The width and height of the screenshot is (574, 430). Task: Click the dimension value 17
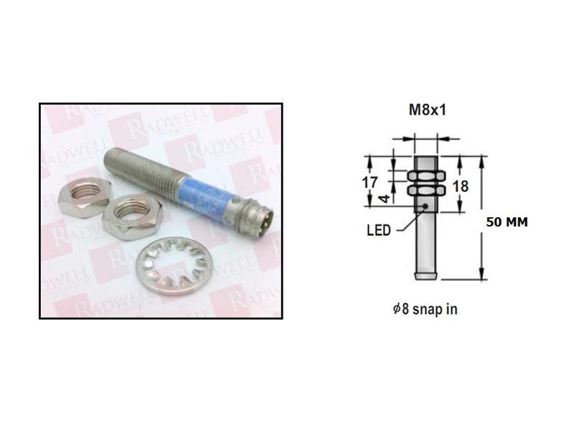tap(370, 183)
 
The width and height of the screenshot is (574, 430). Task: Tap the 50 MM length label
tap(507, 222)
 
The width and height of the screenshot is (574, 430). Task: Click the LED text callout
tap(378, 230)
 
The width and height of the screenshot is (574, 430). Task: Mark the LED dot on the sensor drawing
tap(426, 207)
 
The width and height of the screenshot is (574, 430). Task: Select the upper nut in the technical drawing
tap(428, 176)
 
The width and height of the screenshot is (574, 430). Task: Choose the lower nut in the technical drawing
tap(428, 191)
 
